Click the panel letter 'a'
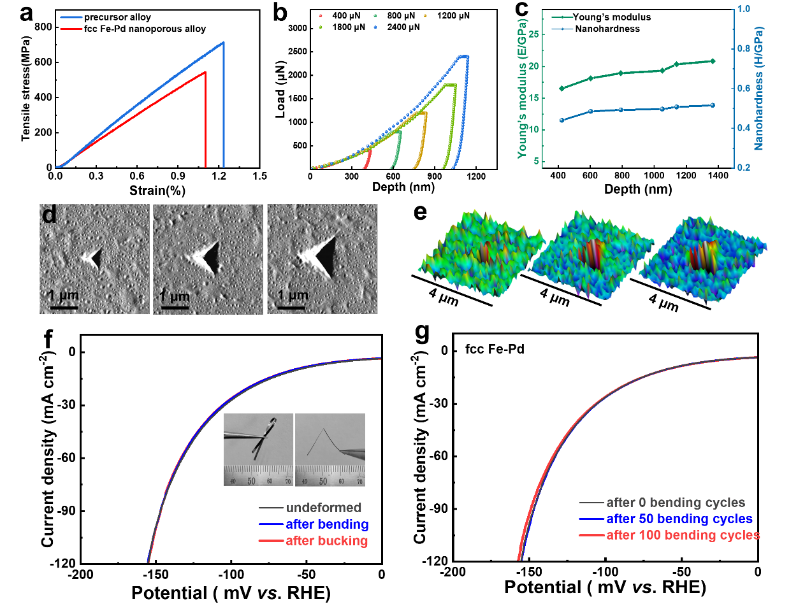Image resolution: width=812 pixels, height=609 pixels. click(26, 12)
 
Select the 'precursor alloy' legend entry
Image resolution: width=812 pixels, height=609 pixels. click(117, 17)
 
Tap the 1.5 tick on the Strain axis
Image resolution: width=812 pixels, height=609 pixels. click(259, 176)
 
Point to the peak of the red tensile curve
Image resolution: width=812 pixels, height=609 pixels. click(205, 72)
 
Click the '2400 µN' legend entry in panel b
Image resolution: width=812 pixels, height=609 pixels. click(403, 27)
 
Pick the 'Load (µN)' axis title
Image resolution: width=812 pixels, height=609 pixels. click(280, 90)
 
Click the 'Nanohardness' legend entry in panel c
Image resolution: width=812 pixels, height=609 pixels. click(607, 29)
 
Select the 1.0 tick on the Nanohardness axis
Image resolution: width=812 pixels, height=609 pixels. click(744, 9)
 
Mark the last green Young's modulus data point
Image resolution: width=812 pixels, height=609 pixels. click(713, 61)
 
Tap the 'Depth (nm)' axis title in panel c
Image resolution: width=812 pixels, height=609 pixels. click(637, 189)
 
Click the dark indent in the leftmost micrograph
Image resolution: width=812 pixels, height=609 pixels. click(96, 258)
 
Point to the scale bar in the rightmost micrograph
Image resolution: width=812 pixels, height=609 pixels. click(291, 308)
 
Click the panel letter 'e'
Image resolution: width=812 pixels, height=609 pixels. click(420, 212)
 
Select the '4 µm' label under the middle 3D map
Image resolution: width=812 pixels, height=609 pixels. click(554, 297)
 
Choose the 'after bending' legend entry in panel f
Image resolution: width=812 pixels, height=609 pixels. click(327, 524)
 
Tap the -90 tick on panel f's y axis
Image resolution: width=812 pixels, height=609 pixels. click(67, 511)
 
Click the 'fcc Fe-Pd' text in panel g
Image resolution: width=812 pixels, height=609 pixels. click(495, 349)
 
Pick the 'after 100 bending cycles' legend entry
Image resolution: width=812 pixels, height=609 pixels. click(683, 535)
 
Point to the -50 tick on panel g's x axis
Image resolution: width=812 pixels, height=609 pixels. click(681, 572)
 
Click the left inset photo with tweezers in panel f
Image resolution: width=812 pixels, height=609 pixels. click(258, 450)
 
